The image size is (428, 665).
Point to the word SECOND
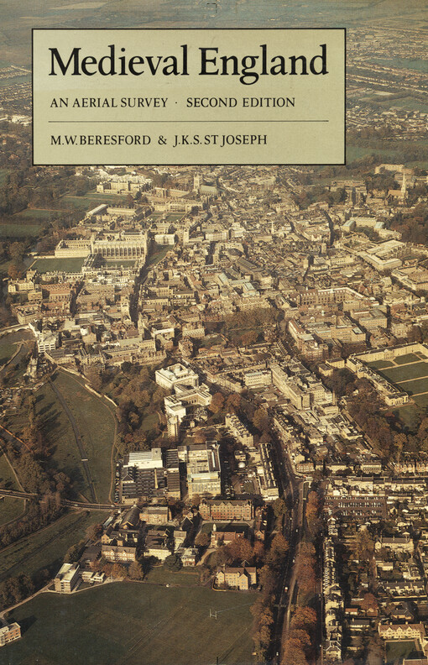click(213, 102)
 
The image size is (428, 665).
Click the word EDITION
click(269, 102)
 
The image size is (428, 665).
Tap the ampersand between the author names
click(163, 139)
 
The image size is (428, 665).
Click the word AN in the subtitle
click(56, 102)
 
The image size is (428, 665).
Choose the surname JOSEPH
click(244, 139)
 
